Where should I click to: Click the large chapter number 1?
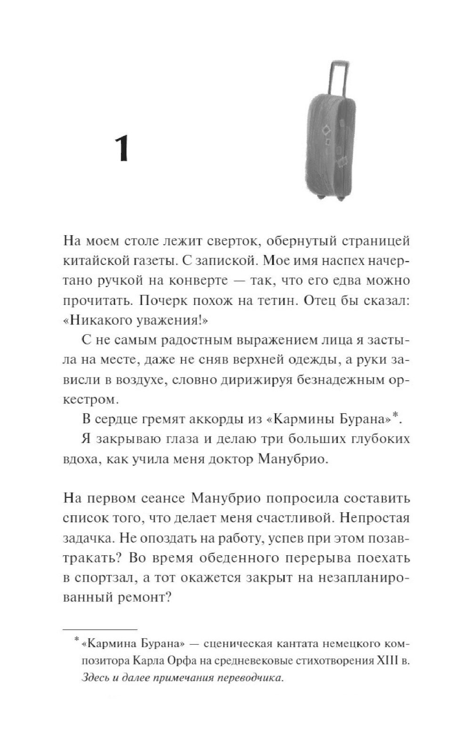122,148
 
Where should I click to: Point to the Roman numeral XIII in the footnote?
387,661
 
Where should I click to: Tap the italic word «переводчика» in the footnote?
252,678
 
